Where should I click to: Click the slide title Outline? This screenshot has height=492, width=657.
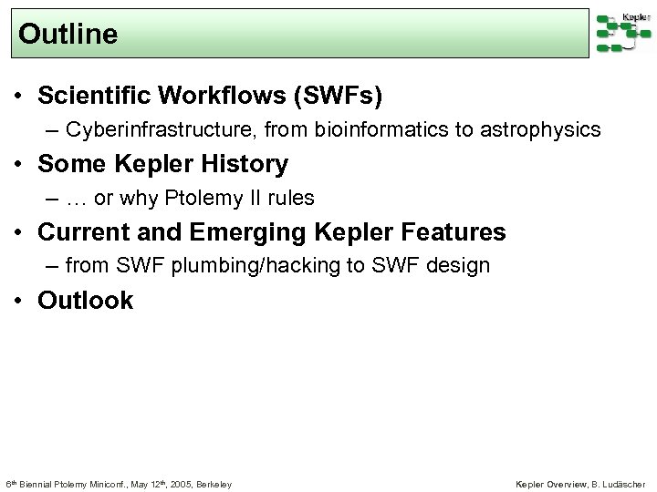tap(68, 35)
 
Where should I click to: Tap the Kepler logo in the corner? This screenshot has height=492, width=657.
tap(623, 33)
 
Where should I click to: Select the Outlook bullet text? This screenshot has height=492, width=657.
tap(85, 301)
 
